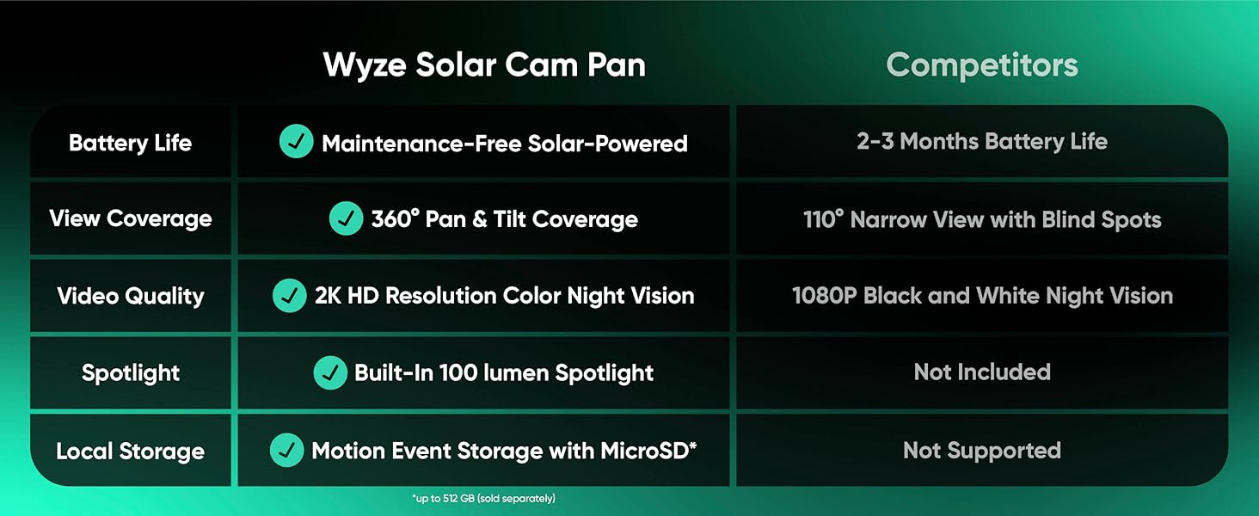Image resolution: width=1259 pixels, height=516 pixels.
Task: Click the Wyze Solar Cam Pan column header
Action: point(484,65)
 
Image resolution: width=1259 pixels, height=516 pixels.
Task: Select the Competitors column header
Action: point(982,65)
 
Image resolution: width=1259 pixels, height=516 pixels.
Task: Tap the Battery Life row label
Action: point(131,143)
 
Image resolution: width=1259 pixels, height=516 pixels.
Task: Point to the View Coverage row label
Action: point(131,218)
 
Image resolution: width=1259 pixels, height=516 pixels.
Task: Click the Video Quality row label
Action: point(131,297)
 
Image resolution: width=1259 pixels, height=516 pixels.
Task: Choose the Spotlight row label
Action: point(131,373)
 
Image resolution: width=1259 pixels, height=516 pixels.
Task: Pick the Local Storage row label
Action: point(131,451)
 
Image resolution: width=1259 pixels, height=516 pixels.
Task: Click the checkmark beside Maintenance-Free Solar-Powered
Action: point(297,142)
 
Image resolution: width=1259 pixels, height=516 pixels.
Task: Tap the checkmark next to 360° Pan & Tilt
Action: point(346,219)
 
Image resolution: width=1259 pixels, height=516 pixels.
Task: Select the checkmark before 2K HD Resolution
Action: point(289,296)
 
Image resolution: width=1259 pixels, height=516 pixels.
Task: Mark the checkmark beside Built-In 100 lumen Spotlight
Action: point(329,372)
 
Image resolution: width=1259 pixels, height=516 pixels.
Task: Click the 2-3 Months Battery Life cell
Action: point(982,142)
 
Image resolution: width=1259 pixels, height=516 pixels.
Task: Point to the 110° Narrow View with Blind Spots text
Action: point(982,219)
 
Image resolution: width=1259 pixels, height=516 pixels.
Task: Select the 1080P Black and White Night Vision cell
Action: point(982,296)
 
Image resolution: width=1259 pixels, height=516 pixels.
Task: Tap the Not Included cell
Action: point(982,372)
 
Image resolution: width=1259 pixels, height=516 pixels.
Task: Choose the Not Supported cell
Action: point(982,451)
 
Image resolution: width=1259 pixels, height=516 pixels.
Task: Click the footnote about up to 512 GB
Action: point(483,499)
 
